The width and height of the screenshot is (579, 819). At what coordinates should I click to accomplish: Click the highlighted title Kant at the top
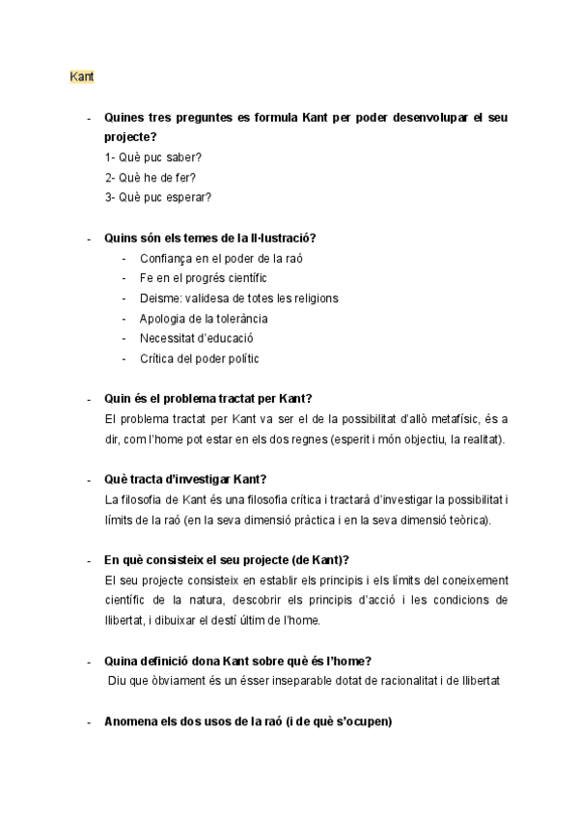point(82,75)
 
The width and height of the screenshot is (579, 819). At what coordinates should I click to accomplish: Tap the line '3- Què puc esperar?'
point(158,197)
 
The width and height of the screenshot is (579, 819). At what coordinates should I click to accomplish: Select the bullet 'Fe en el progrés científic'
point(204,278)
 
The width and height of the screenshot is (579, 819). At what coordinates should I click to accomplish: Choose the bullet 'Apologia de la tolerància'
point(204,319)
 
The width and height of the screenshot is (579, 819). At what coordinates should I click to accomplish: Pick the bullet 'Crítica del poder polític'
point(200,359)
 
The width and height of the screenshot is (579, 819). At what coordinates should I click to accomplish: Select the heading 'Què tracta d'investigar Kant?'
point(185,480)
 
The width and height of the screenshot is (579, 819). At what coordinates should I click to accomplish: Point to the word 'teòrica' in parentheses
point(468,521)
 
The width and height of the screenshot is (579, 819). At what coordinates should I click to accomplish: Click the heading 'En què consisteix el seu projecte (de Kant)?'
point(226,560)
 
